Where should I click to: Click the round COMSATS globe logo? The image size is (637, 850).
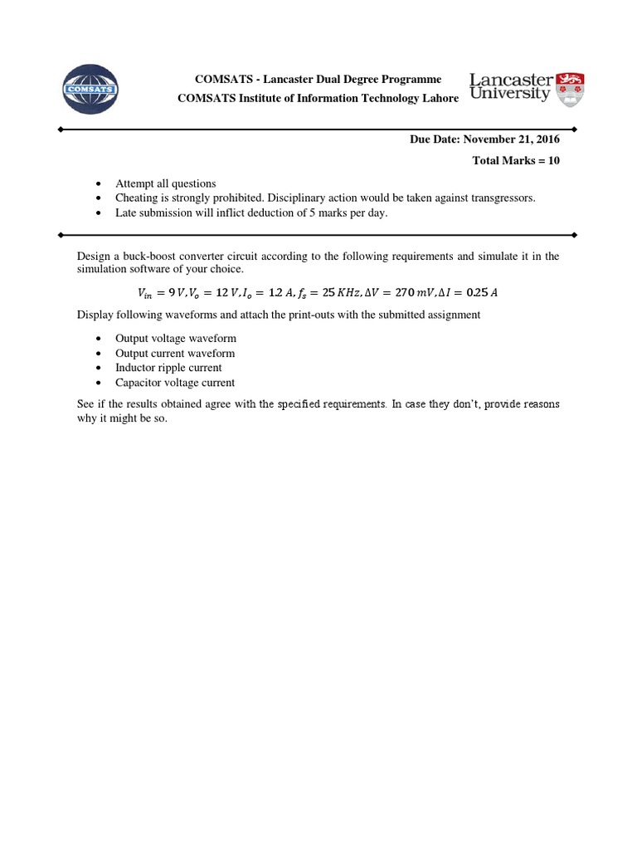click(90, 88)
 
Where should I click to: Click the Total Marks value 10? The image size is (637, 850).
click(553, 161)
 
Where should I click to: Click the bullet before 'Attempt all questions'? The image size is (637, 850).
click(99, 183)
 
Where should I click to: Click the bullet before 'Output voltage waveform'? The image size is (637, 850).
click(99, 339)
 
